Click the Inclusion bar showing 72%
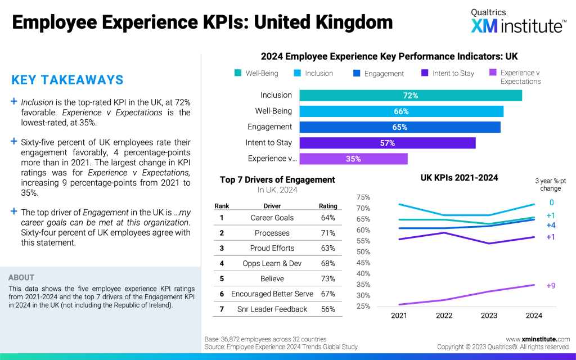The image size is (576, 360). pos(411,96)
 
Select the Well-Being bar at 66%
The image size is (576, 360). pos(401,111)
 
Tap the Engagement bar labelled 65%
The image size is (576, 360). pos(399,127)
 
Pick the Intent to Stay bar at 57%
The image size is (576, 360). pos(387,143)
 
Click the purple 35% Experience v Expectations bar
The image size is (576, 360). pos(353,159)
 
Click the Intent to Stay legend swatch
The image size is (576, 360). pos(425,73)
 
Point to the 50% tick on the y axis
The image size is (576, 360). pos(363,252)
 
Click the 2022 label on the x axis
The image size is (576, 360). pos(444,316)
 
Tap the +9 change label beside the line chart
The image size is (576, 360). pos(551,286)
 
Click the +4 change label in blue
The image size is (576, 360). pos(551,225)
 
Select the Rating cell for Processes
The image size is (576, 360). pos(328,233)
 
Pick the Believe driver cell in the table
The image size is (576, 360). pos(272,278)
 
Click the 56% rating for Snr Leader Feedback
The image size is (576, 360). pos(328,309)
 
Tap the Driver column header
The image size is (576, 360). pos(272,206)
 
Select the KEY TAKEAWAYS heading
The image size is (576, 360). pos(67,80)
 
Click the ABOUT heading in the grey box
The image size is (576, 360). pos(21,277)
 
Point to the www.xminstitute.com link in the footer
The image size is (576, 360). pos(538,339)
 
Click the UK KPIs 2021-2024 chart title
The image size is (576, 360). pos(459,178)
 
